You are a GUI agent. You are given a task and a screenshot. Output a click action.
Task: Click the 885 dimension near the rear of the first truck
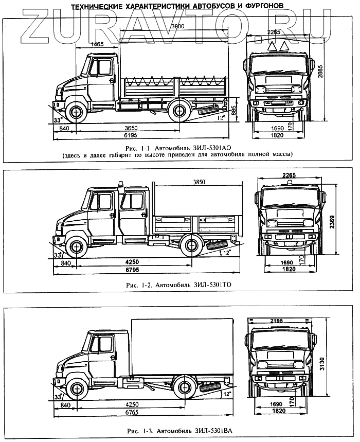coord(233,111)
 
